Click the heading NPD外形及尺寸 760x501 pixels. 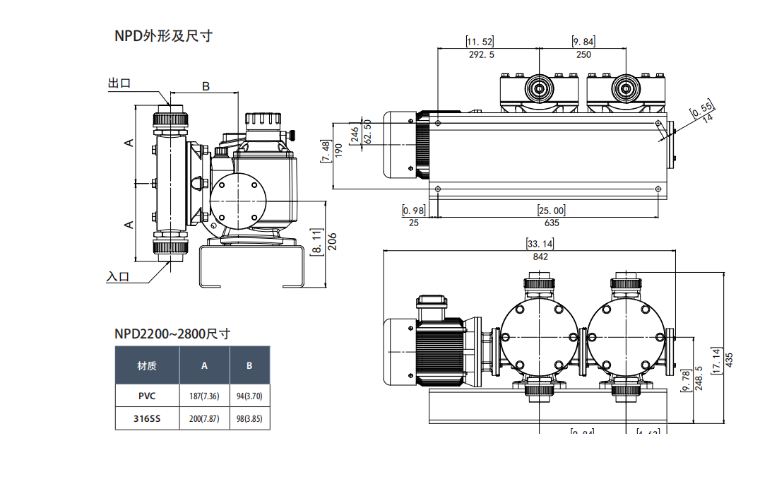(163, 35)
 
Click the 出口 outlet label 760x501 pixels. (119, 83)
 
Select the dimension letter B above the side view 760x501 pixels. (206, 86)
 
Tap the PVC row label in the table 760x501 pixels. (147, 396)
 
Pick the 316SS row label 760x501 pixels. (147, 418)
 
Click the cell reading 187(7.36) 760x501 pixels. (205, 396)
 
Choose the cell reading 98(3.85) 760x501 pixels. (249, 418)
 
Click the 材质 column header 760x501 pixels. (147, 365)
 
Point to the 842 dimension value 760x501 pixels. (540, 257)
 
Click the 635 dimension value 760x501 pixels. (552, 223)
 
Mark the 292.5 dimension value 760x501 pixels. (482, 54)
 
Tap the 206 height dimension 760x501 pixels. (333, 242)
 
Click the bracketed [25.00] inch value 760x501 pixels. (552, 211)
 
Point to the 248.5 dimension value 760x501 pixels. (699, 378)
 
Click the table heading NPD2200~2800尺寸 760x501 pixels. (172, 334)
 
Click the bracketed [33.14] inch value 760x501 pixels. (540, 244)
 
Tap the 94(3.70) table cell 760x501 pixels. (249, 396)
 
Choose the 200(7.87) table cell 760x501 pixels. (205, 418)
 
